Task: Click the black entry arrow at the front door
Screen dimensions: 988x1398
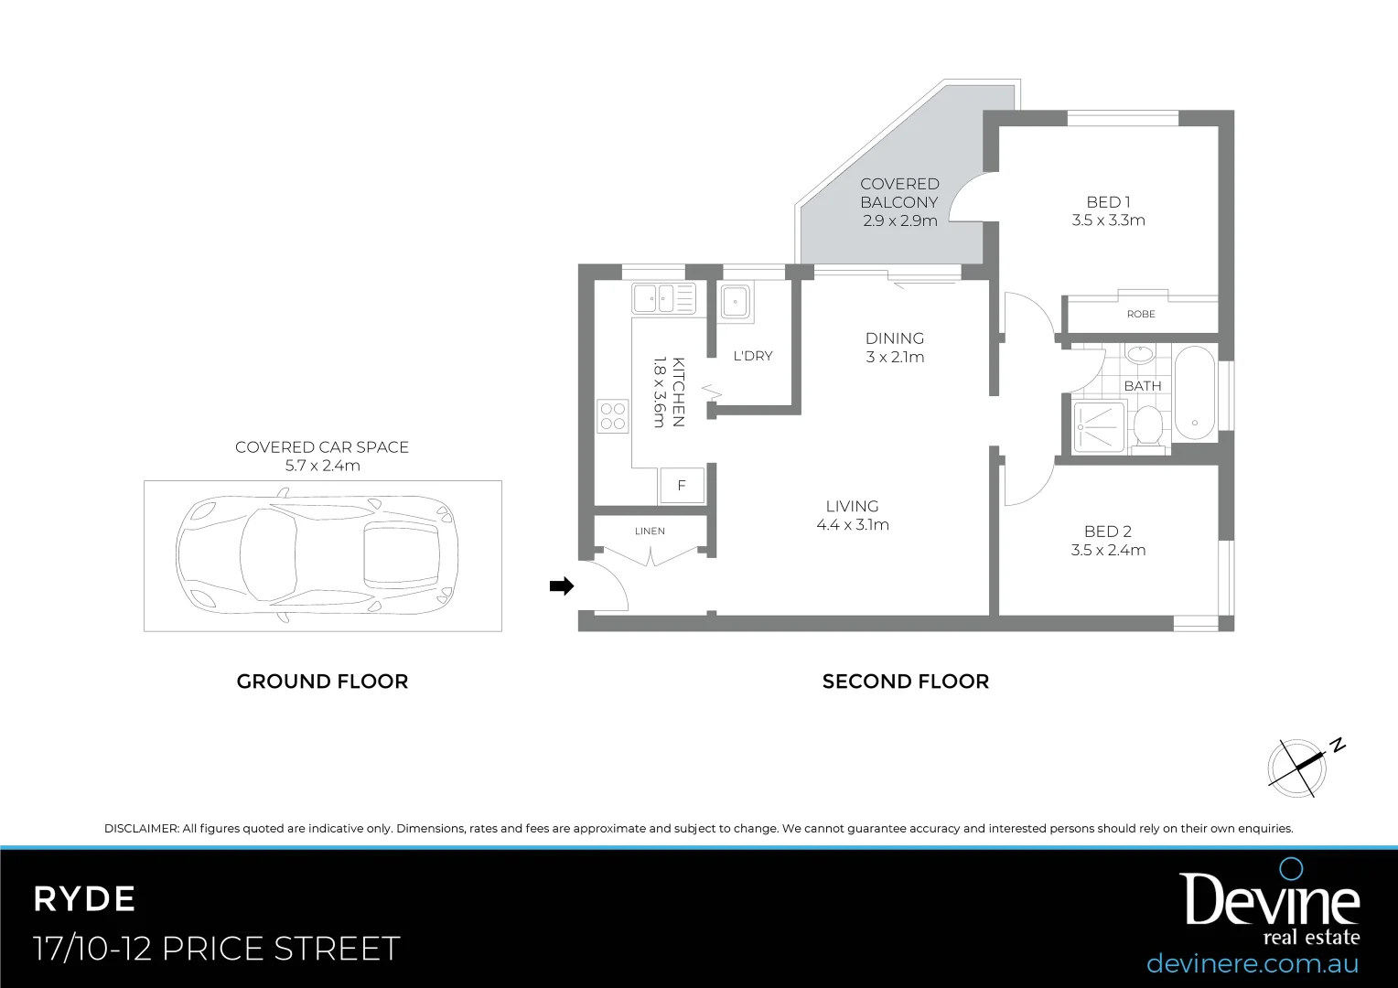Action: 561,586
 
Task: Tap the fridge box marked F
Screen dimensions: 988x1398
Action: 682,486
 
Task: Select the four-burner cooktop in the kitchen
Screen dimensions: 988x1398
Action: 613,416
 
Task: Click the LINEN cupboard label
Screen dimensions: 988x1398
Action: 650,531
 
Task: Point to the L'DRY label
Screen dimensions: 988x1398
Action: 753,356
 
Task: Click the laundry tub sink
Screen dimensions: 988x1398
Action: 735,301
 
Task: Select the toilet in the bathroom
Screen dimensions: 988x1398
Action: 1147,427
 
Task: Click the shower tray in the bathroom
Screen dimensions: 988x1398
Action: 1098,426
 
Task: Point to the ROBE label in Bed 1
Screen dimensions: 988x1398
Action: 1141,314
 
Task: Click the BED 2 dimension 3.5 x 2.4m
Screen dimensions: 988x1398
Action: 1108,550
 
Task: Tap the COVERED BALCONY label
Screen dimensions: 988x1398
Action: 899,193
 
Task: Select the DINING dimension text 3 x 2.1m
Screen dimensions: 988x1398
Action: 895,357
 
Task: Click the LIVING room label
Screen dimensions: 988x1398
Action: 852,506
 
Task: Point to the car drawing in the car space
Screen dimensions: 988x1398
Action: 316,556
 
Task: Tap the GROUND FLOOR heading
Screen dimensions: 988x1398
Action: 322,682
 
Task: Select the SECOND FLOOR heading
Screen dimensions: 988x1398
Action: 905,682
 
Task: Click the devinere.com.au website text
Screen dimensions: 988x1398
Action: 1252,963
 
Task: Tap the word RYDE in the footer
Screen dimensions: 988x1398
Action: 84,899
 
